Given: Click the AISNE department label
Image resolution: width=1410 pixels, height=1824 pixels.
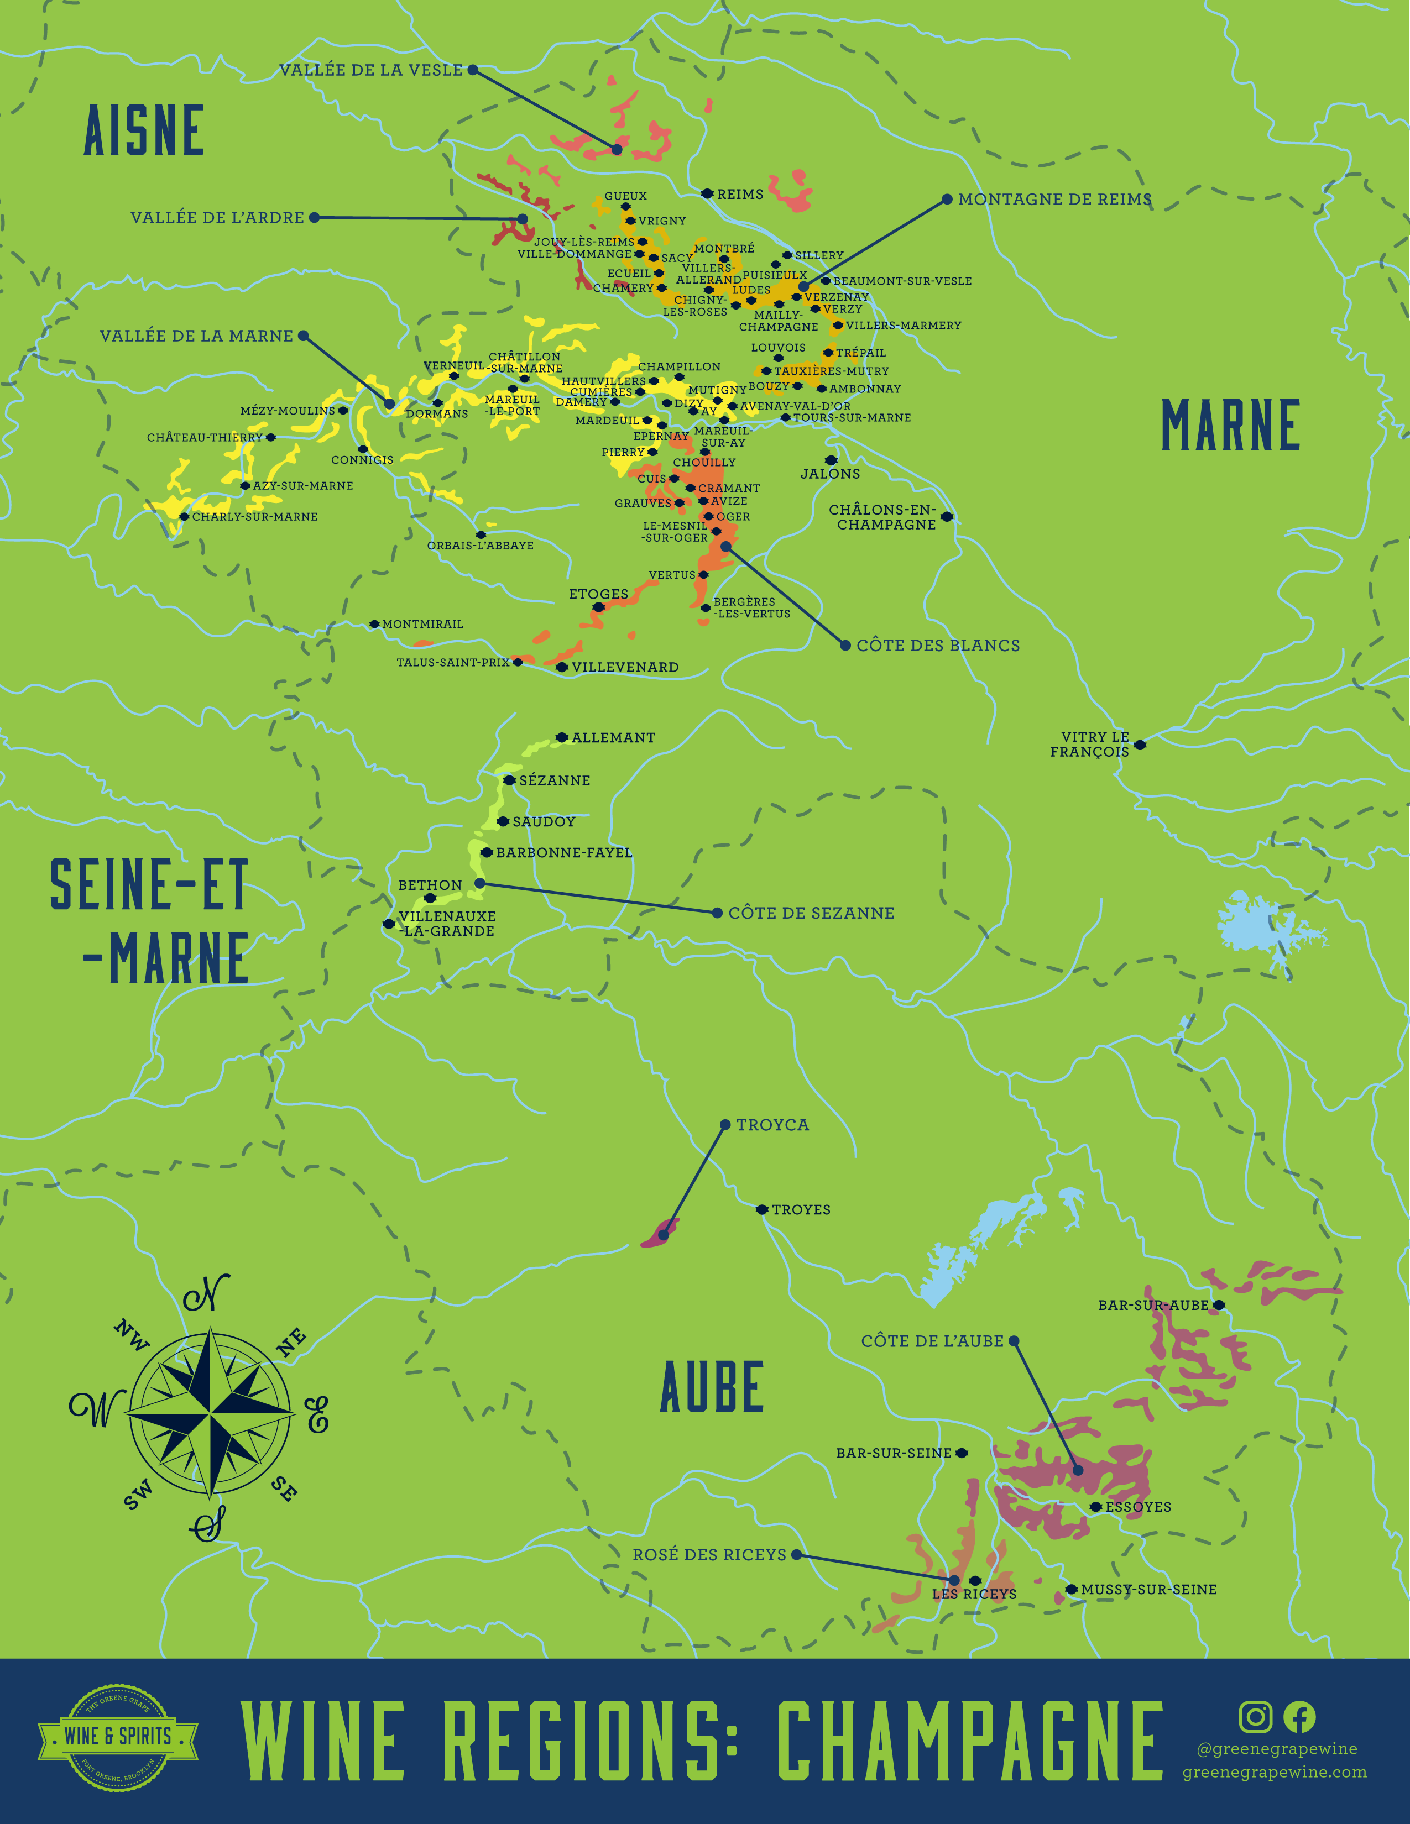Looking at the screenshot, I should (x=144, y=131).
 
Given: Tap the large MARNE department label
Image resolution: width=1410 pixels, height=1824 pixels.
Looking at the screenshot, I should (x=1230, y=426).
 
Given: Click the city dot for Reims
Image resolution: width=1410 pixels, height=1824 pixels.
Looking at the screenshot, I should (x=707, y=194).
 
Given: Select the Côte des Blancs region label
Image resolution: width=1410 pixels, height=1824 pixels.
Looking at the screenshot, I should (x=937, y=646).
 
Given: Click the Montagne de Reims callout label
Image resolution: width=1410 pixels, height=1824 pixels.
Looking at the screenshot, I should (x=1054, y=200).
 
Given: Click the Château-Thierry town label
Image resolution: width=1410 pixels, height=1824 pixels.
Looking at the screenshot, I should (x=205, y=438).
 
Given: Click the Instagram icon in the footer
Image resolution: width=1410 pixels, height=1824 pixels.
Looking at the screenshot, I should (x=1255, y=1717).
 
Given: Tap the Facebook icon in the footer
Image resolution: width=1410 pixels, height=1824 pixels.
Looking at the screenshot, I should (x=1299, y=1717).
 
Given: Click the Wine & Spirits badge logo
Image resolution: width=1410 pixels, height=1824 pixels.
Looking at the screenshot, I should (x=118, y=1736).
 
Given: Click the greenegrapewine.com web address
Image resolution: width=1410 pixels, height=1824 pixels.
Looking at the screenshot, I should (x=1274, y=1772).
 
